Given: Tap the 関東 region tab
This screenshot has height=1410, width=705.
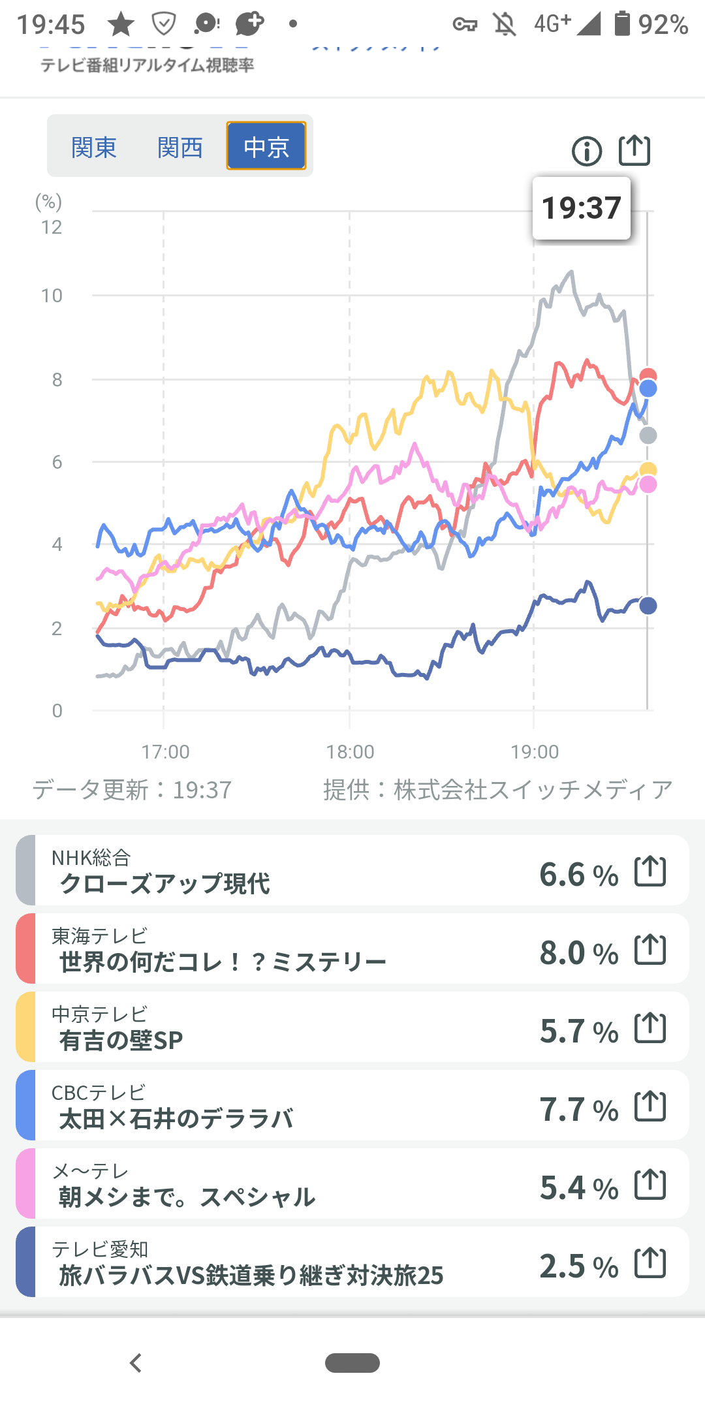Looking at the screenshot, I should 94,147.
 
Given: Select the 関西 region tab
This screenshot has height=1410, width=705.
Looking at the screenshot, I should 180,147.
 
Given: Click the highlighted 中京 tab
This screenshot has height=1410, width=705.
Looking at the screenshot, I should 266,146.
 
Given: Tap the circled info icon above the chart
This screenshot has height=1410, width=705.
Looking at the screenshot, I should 587,151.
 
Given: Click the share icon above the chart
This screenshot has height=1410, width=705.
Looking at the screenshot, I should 634,150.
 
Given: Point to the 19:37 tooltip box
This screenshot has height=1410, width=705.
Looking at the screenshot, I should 582,208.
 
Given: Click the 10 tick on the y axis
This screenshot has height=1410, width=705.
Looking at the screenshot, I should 52,296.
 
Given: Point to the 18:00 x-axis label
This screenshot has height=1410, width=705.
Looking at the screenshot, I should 351,752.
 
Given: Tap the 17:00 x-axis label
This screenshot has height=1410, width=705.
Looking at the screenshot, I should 166,752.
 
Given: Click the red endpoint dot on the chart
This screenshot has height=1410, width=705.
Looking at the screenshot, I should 648,375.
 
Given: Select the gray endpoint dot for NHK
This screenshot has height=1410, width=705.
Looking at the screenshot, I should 648,435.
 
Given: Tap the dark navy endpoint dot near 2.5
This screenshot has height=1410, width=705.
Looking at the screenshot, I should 648,606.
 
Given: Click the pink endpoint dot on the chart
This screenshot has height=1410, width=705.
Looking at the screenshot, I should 648,484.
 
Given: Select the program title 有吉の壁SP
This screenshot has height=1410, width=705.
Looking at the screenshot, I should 121,1041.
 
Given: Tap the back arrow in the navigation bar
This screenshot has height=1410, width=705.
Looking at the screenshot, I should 136,1363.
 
